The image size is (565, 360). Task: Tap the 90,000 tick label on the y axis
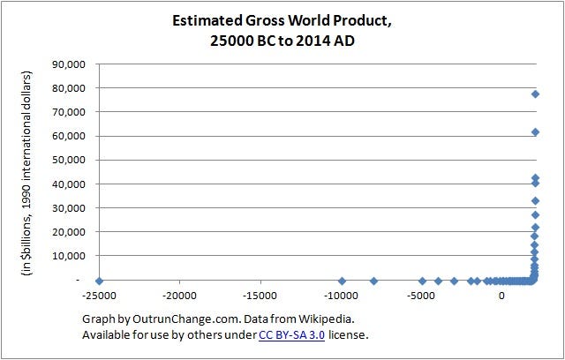click(x=69, y=64)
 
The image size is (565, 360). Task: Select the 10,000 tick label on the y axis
click(x=69, y=255)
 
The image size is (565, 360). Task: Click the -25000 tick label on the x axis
click(x=99, y=296)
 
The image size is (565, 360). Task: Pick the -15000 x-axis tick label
click(x=260, y=296)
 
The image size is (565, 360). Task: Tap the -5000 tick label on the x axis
click(x=422, y=296)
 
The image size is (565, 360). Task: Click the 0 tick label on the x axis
click(x=502, y=296)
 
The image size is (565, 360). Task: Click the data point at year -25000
click(x=99, y=281)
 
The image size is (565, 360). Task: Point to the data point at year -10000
click(x=342, y=281)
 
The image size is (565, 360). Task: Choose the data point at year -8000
click(x=373, y=281)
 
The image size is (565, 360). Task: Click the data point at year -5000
click(x=422, y=281)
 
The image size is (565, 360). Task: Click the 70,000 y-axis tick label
click(x=69, y=112)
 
